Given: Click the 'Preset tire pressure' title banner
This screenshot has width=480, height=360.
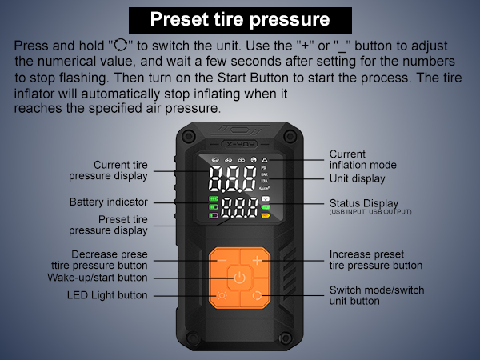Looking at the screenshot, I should click(x=239, y=19).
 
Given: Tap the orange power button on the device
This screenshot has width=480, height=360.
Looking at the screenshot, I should click(x=238, y=278).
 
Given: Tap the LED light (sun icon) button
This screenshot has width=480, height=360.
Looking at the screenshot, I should click(x=221, y=296).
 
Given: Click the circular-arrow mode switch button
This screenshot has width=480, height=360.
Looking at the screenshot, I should click(x=256, y=296).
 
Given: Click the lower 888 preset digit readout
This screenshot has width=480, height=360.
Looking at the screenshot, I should click(x=240, y=210).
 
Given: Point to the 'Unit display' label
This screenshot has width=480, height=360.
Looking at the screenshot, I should click(x=358, y=178).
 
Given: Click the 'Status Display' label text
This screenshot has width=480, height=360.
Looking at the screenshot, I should click(x=364, y=203).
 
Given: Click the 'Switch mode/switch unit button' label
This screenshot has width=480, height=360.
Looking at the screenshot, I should click(x=377, y=295).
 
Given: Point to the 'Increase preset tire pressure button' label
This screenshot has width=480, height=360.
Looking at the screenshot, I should click(x=375, y=260).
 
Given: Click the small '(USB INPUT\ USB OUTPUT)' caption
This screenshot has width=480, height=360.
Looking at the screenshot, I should click(x=370, y=211).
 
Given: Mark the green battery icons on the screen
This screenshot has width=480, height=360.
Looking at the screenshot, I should click(x=214, y=206).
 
